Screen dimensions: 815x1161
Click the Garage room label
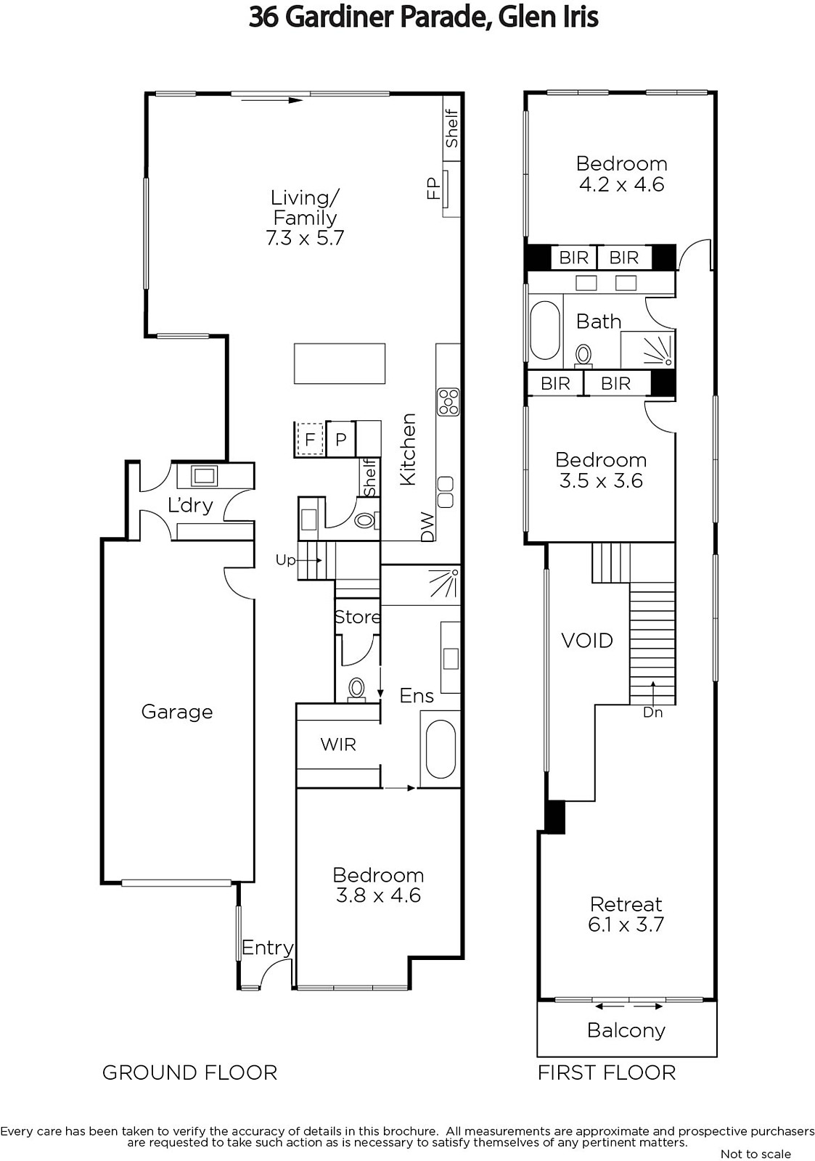[177, 712]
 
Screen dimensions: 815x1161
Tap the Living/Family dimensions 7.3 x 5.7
[305, 238]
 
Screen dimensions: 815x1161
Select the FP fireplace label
[433, 189]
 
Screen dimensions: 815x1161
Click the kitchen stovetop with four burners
[448, 402]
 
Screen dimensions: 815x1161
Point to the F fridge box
[310, 439]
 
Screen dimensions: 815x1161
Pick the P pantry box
[340, 439]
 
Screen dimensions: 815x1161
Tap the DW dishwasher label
[427, 527]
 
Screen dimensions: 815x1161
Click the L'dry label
[190, 505]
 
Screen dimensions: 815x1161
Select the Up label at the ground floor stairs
[285, 559]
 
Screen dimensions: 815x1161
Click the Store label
[357, 617]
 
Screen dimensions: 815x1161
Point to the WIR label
[338, 744]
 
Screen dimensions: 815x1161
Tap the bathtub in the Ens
[441, 749]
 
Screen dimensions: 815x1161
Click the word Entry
[268, 948]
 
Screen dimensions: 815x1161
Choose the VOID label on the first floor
[587, 641]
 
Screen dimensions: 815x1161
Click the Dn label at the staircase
[652, 713]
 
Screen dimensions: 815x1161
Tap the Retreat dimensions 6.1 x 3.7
[626, 924]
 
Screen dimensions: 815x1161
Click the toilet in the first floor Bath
[583, 356]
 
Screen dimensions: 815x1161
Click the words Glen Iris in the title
[548, 17]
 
